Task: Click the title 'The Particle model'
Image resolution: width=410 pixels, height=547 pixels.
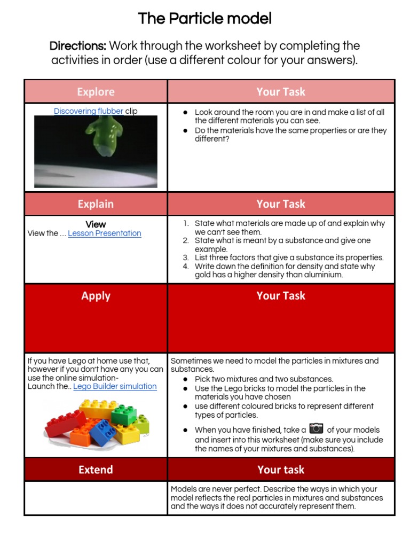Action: pyautogui.click(x=204, y=19)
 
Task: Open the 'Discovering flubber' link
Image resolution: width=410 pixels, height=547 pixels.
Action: pyautogui.click(x=88, y=111)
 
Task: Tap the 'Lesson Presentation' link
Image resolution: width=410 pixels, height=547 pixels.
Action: pyautogui.click(x=105, y=233)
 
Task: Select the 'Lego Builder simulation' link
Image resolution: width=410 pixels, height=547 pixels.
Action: pyautogui.click(x=115, y=386)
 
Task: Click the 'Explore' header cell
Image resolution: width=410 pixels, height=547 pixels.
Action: pyautogui.click(x=96, y=91)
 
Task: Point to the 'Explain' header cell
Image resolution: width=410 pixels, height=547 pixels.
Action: pyautogui.click(x=96, y=204)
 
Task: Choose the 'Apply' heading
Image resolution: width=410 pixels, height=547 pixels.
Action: pyautogui.click(x=96, y=296)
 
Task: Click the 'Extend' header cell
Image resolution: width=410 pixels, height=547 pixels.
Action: pyautogui.click(x=96, y=470)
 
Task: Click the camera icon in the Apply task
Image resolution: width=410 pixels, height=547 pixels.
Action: pyautogui.click(x=317, y=428)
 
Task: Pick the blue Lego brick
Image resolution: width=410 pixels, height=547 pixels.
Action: pyautogui.click(x=103, y=433)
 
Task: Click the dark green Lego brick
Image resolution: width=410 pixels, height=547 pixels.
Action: pyautogui.click(x=123, y=415)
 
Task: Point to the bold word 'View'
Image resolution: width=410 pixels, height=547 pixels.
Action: pyautogui.click(x=96, y=224)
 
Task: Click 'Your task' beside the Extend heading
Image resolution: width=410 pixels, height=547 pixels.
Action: pyautogui.click(x=281, y=470)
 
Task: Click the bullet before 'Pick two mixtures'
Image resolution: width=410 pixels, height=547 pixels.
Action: pyautogui.click(x=185, y=379)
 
